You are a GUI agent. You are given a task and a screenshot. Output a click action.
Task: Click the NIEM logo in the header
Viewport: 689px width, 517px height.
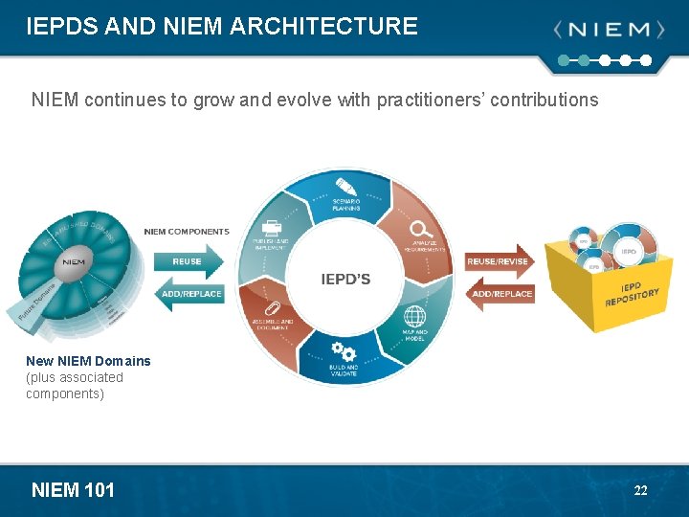[x=609, y=30]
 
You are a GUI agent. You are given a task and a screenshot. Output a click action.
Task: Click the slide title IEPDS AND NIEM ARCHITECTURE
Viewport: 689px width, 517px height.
[x=222, y=26]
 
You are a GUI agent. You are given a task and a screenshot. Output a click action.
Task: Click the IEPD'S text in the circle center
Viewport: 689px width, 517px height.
[x=345, y=280]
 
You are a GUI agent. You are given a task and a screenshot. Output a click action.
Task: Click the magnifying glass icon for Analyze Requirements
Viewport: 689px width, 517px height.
[x=420, y=229]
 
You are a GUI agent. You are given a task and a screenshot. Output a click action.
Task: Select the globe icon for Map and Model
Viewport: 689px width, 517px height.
[x=414, y=316]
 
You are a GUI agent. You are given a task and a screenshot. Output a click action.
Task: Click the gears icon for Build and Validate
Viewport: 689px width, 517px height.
[x=344, y=351]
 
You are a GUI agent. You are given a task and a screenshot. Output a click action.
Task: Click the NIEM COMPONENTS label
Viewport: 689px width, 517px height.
[x=187, y=232]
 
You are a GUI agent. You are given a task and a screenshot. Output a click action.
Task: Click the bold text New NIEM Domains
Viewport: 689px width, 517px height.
[x=88, y=361]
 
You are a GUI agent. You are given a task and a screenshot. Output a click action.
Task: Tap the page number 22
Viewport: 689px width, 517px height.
[x=640, y=490]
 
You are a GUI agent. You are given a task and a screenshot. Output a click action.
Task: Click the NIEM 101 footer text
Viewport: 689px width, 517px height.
[x=73, y=490]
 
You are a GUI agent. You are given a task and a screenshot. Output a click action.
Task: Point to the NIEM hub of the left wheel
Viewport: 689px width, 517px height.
[x=74, y=260]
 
